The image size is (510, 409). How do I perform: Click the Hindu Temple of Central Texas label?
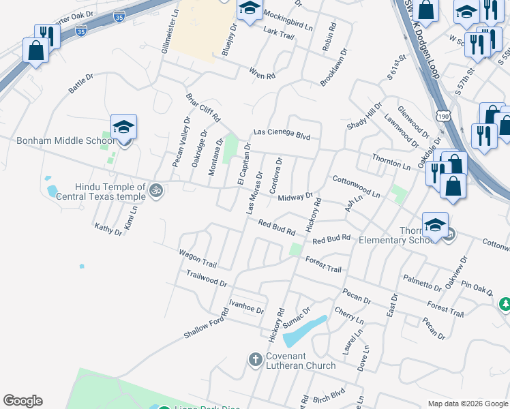110,192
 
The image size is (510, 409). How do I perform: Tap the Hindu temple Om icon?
156,190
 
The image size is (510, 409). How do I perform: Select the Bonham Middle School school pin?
123,127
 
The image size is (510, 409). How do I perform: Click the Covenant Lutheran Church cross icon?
255,359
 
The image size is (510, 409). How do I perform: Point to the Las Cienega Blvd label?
282,134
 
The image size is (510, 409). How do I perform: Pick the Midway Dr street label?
295,197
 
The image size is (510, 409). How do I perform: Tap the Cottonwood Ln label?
355,186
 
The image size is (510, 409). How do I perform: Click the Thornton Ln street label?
391,162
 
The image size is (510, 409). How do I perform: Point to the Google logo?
22,401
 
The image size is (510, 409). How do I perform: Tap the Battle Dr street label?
80,86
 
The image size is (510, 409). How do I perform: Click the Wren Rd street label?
262,72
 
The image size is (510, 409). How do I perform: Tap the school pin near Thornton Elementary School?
436,225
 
